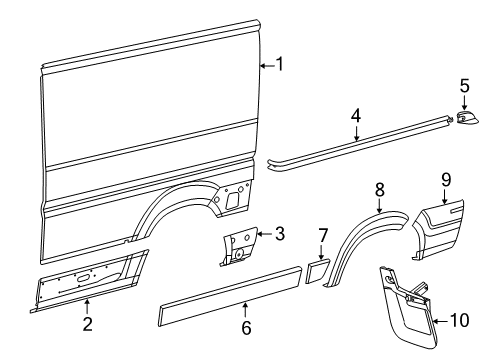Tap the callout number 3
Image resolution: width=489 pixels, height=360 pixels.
coord(279,235)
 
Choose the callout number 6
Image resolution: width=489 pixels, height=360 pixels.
coord(245,327)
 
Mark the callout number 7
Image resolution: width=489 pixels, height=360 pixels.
coord(323,236)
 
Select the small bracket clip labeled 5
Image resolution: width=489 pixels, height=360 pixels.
coord(467,120)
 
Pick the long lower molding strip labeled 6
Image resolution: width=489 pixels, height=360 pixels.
coord(230,295)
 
